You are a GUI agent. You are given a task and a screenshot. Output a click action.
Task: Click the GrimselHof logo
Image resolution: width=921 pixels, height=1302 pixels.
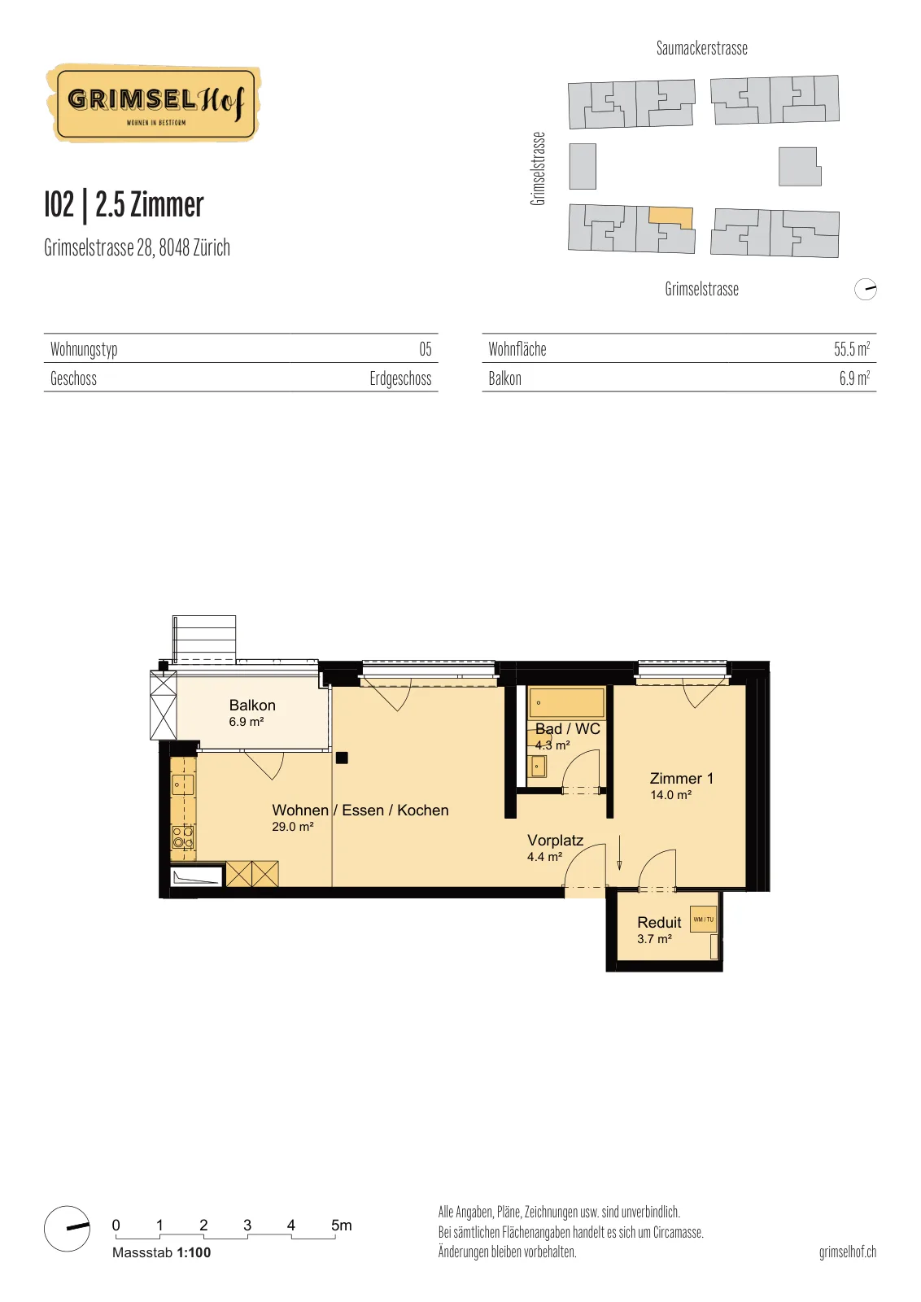(x=154, y=103)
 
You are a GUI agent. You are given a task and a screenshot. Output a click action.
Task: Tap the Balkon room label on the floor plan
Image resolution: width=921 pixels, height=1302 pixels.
(x=252, y=705)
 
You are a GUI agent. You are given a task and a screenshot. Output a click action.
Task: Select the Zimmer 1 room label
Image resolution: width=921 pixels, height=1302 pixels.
(x=681, y=778)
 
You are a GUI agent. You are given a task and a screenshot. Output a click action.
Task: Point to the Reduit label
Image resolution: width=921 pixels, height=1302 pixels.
(x=659, y=923)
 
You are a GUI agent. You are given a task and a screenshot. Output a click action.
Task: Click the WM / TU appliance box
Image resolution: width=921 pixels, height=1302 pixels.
(x=703, y=919)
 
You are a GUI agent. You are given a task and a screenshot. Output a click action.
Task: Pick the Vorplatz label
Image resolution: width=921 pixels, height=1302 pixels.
(x=555, y=840)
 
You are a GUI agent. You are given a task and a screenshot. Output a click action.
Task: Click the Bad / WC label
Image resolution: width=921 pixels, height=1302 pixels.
(x=567, y=728)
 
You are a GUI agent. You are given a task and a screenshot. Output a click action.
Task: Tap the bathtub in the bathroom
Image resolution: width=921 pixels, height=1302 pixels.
(x=566, y=703)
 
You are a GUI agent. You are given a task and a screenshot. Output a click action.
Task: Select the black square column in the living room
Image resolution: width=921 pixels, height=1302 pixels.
(x=342, y=758)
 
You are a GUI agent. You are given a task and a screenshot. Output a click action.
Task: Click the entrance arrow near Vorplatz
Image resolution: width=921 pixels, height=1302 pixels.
(x=619, y=853)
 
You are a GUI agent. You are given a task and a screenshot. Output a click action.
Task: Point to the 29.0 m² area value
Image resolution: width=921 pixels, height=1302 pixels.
(x=293, y=827)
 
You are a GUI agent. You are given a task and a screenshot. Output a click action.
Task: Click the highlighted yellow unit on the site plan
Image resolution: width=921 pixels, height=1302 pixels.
(x=671, y=217)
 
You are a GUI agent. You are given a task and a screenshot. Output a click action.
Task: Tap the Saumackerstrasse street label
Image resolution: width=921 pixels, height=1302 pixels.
(x=702, y=48)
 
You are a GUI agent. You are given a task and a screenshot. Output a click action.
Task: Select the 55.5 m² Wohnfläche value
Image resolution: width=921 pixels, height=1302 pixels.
(x=852, y=349)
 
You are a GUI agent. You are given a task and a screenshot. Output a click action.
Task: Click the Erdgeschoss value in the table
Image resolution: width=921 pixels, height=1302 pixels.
(x=400, y=378)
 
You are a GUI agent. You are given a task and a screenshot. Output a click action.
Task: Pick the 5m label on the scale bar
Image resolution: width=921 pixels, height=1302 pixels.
(x=342, y=1226)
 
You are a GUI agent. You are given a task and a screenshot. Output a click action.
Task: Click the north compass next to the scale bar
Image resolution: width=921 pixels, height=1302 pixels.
(x=68, y=1228)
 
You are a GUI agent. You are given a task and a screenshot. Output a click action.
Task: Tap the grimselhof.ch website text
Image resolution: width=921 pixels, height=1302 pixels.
(x=847, y=1252)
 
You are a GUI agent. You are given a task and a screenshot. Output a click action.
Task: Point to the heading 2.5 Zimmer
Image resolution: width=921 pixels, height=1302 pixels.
(x=150, y=204)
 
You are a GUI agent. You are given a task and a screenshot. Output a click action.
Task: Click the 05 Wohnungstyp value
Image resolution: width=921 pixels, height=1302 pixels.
(x=426, y=349)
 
